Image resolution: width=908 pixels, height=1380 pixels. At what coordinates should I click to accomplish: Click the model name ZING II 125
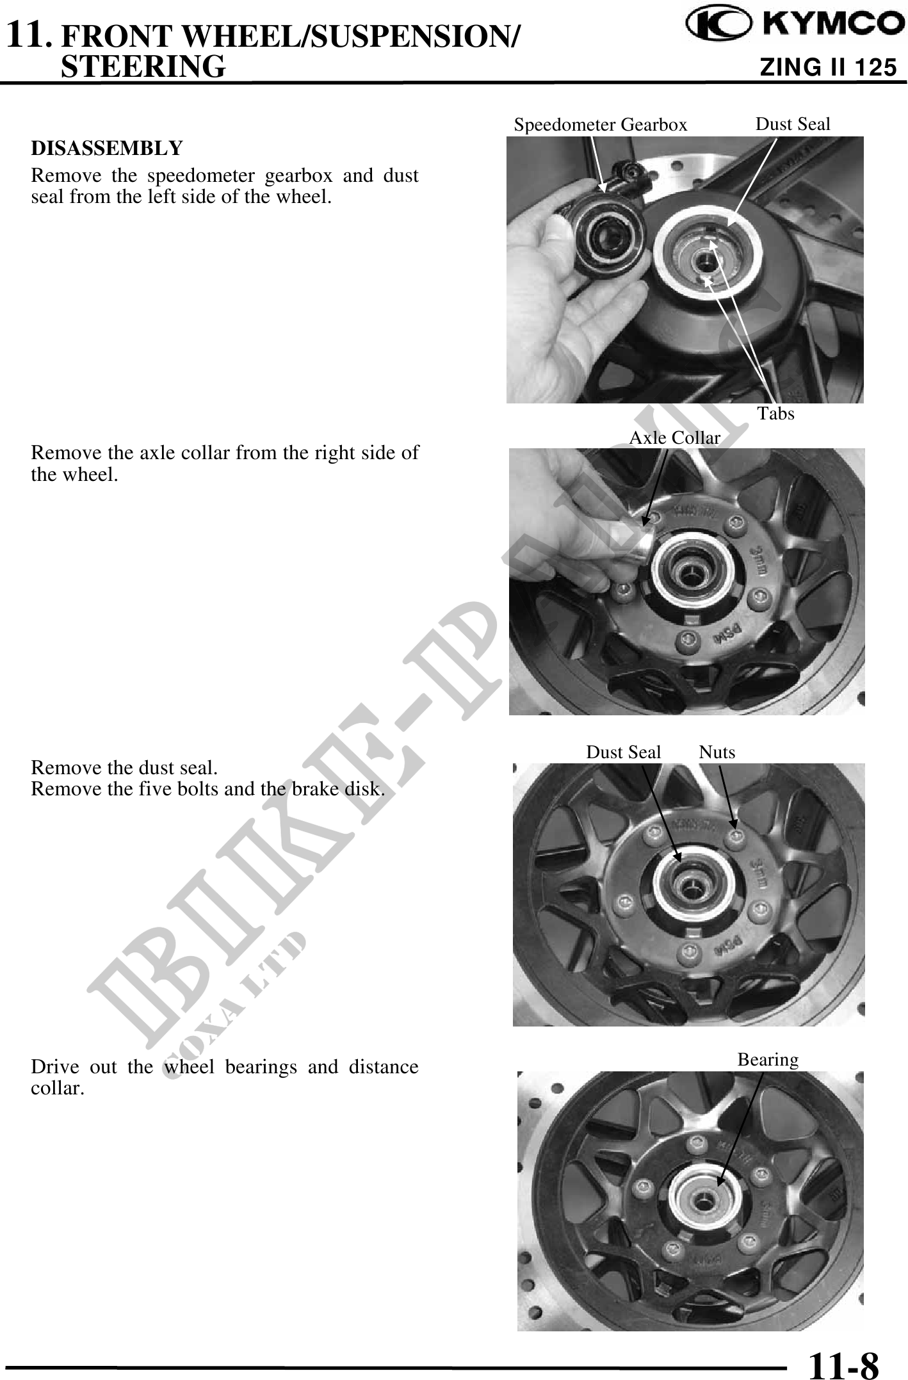click(827, 67)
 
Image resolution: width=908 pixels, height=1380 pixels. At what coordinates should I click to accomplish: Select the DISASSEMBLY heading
click(107, 149)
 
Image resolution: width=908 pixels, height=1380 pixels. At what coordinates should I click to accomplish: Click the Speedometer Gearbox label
click(600, 125)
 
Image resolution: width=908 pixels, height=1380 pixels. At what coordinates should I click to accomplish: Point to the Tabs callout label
click(776, 414)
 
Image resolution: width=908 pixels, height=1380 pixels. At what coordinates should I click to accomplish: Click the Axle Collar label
click(675, 437)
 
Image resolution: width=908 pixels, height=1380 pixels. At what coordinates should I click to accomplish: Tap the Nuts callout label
click(717, 752)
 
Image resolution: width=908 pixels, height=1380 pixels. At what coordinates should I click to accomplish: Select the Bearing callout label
click(768, 1060)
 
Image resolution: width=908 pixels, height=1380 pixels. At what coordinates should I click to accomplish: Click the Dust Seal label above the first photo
click(793, 124)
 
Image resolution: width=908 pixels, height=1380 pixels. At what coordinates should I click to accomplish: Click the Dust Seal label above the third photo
click(624, 752)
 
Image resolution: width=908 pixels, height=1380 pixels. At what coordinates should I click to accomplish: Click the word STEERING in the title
click(143, 66)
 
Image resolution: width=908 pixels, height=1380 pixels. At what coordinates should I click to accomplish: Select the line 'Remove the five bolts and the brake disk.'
click(208, 788)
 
